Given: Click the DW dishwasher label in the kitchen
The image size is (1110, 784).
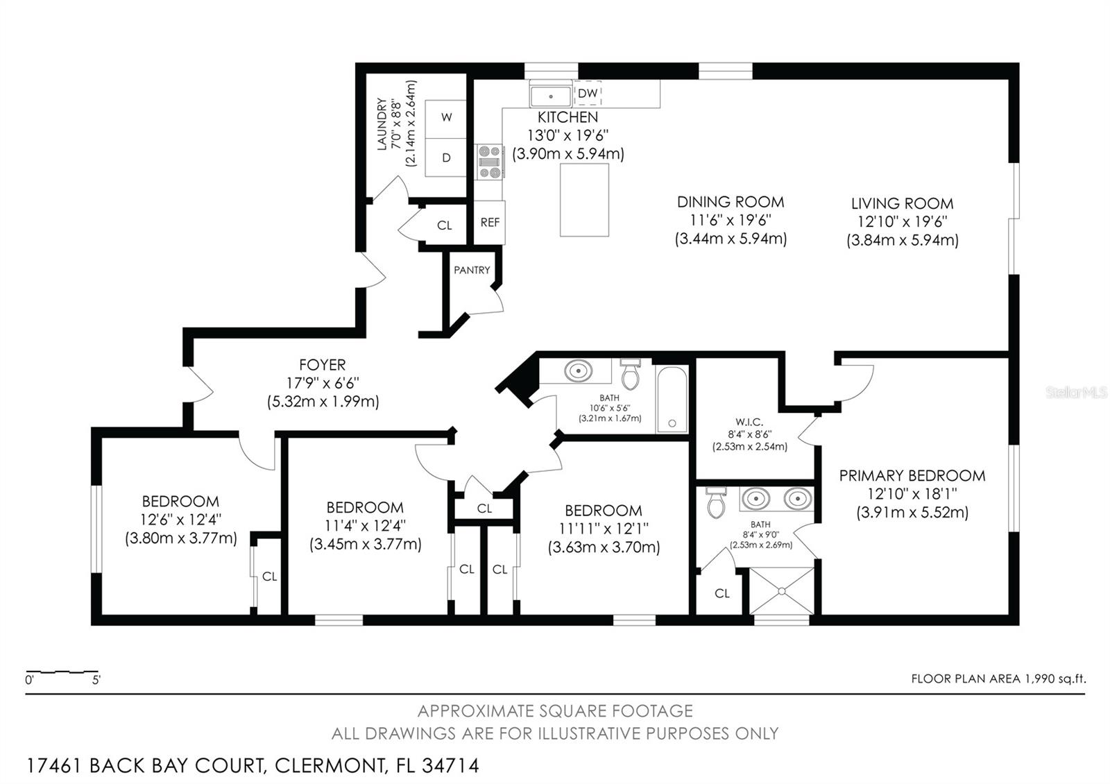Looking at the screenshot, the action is point(588,93).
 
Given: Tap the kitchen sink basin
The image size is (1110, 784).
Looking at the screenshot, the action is point(551,96).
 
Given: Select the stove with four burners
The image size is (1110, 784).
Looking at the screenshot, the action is point(490,162).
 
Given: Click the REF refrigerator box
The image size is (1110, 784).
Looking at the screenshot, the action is point(490,223).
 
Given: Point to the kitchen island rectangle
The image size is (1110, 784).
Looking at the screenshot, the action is point(584,200).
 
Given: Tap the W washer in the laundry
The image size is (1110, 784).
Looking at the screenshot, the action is point(446,118).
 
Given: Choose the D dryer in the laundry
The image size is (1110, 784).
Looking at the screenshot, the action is point(446,157).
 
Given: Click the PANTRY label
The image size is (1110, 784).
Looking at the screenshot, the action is point(472,270).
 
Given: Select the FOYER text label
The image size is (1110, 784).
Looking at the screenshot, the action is point(322,365).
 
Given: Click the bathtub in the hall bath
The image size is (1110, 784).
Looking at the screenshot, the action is point(672,399).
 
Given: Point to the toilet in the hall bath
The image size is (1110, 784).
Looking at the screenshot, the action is point(631,374).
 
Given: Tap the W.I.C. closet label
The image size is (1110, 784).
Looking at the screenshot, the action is point(749,423).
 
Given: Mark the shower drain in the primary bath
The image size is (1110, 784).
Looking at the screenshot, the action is point(781,591).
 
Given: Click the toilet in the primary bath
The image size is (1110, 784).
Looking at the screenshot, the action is point(716,502).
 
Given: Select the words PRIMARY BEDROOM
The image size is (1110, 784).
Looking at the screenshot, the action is point(912,476).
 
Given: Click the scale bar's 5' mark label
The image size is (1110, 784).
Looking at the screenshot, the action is point(96,680).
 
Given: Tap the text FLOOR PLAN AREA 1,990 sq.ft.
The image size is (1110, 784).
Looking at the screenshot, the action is point(998,679).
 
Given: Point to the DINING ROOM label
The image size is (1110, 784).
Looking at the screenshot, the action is point(731,202).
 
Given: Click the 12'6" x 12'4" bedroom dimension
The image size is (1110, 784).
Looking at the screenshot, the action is point(181,520).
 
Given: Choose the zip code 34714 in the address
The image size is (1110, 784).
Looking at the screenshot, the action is point(450,766).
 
